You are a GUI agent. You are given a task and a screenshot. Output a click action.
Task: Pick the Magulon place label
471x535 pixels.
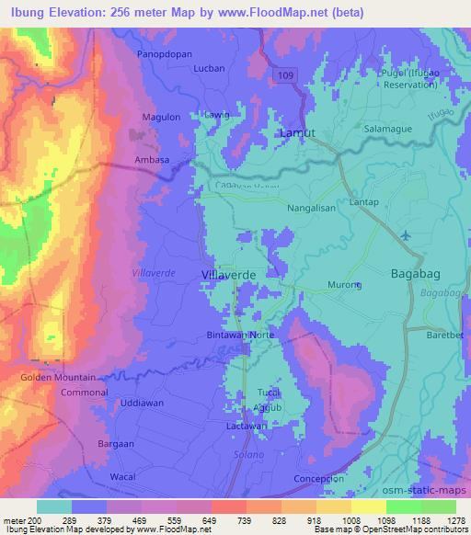(x=161, y=117)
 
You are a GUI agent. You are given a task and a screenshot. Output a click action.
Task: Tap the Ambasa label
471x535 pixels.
(x=154, y=159)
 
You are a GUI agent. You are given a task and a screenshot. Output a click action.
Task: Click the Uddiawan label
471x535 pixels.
(x=141, y=404)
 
